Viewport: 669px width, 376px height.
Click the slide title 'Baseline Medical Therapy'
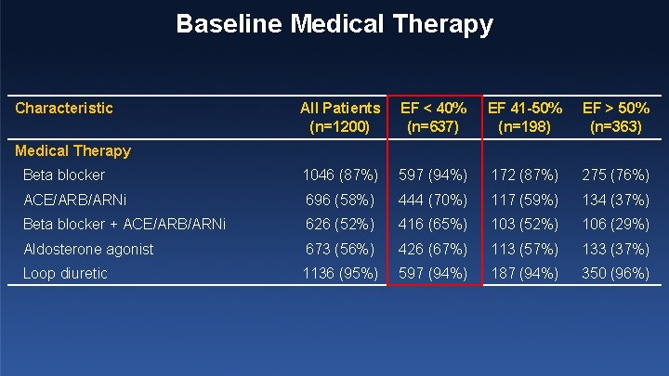pyautogui.click(x=334, y=24)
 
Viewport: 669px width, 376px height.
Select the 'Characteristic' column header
pyautogui.click(x=64, y=108)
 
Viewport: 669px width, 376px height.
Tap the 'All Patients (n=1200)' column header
pyautogui.click(x=340, y=117)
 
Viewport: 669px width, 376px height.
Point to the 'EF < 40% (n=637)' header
pyautogui.click(x=434, y=117)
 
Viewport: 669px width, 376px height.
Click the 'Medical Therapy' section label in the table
pyautogui.click(x=73, y=150)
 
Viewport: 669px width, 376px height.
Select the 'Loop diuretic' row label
pyautogui.click(x=65, y=273)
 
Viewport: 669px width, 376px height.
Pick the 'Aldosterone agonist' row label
pyautogui.click(x=88, y=249)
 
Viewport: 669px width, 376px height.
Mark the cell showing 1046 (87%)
pyautogui.click(x=340, y=175)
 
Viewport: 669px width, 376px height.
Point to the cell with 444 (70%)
pyautogui.click(x=434, y=200)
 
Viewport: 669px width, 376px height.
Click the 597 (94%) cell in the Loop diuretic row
pyautogui.click(x=434, y=273)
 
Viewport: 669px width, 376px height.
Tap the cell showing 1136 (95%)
pyautogui.click(x=340, y=273)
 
